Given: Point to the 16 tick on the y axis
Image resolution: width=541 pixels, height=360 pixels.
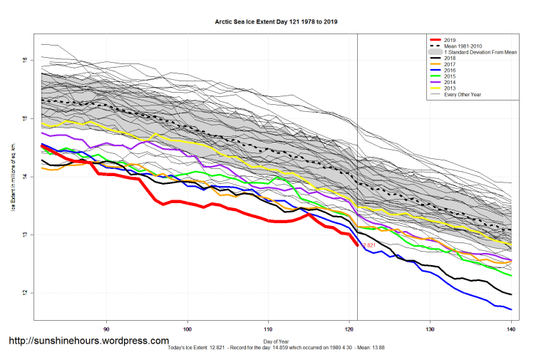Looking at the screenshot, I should click(x=24, y=60).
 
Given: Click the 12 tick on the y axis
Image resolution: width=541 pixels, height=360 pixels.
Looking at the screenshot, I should click(x=24, y=293).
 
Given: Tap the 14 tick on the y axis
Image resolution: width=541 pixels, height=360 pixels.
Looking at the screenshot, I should click(x=24, y=177).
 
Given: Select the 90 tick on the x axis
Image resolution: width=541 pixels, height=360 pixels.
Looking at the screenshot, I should click(x=107, y=329).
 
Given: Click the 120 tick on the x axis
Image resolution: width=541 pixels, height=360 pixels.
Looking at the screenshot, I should click(x=349, y=329).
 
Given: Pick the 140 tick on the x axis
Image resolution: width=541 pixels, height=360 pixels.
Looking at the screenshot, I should click(x=511, y=329).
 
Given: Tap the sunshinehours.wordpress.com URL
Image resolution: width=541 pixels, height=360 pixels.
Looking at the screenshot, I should click(x=88, y=341).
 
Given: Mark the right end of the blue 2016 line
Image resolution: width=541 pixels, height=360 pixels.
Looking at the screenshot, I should click(x=511, y=309).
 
